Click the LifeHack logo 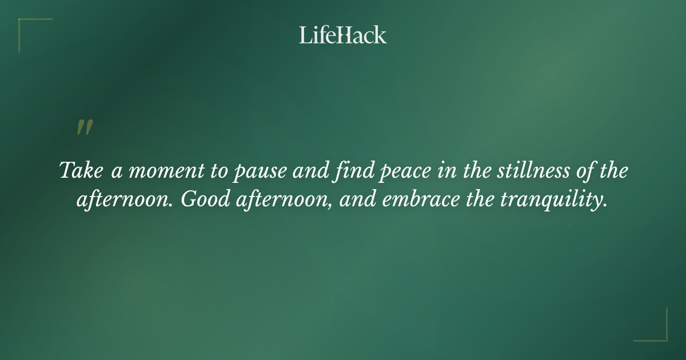coord(343,35)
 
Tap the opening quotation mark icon coord(85,128)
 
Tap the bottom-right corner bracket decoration coord(659,333)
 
